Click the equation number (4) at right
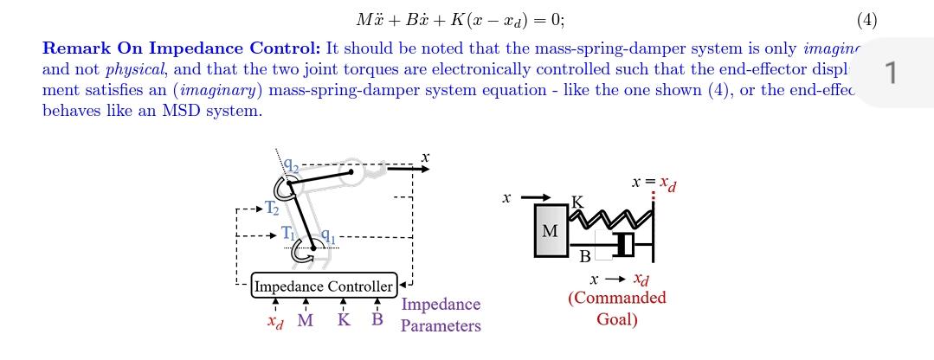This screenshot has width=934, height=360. [866, 20]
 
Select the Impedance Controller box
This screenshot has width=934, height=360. [324, 286]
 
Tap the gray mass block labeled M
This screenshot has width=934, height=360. [551, 231]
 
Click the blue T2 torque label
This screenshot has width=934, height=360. [272, 208]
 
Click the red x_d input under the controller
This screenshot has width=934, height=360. [275, 321]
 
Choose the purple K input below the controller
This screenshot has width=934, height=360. [344, 320]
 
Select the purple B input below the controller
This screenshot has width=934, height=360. [377, 319]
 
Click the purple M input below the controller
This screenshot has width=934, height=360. [306, 320]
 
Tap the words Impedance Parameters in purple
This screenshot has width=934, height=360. [441, 315]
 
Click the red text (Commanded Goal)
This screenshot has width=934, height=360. [617, 308]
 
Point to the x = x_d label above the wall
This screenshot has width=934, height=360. [654, 183]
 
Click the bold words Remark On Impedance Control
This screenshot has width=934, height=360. [182, 48]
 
